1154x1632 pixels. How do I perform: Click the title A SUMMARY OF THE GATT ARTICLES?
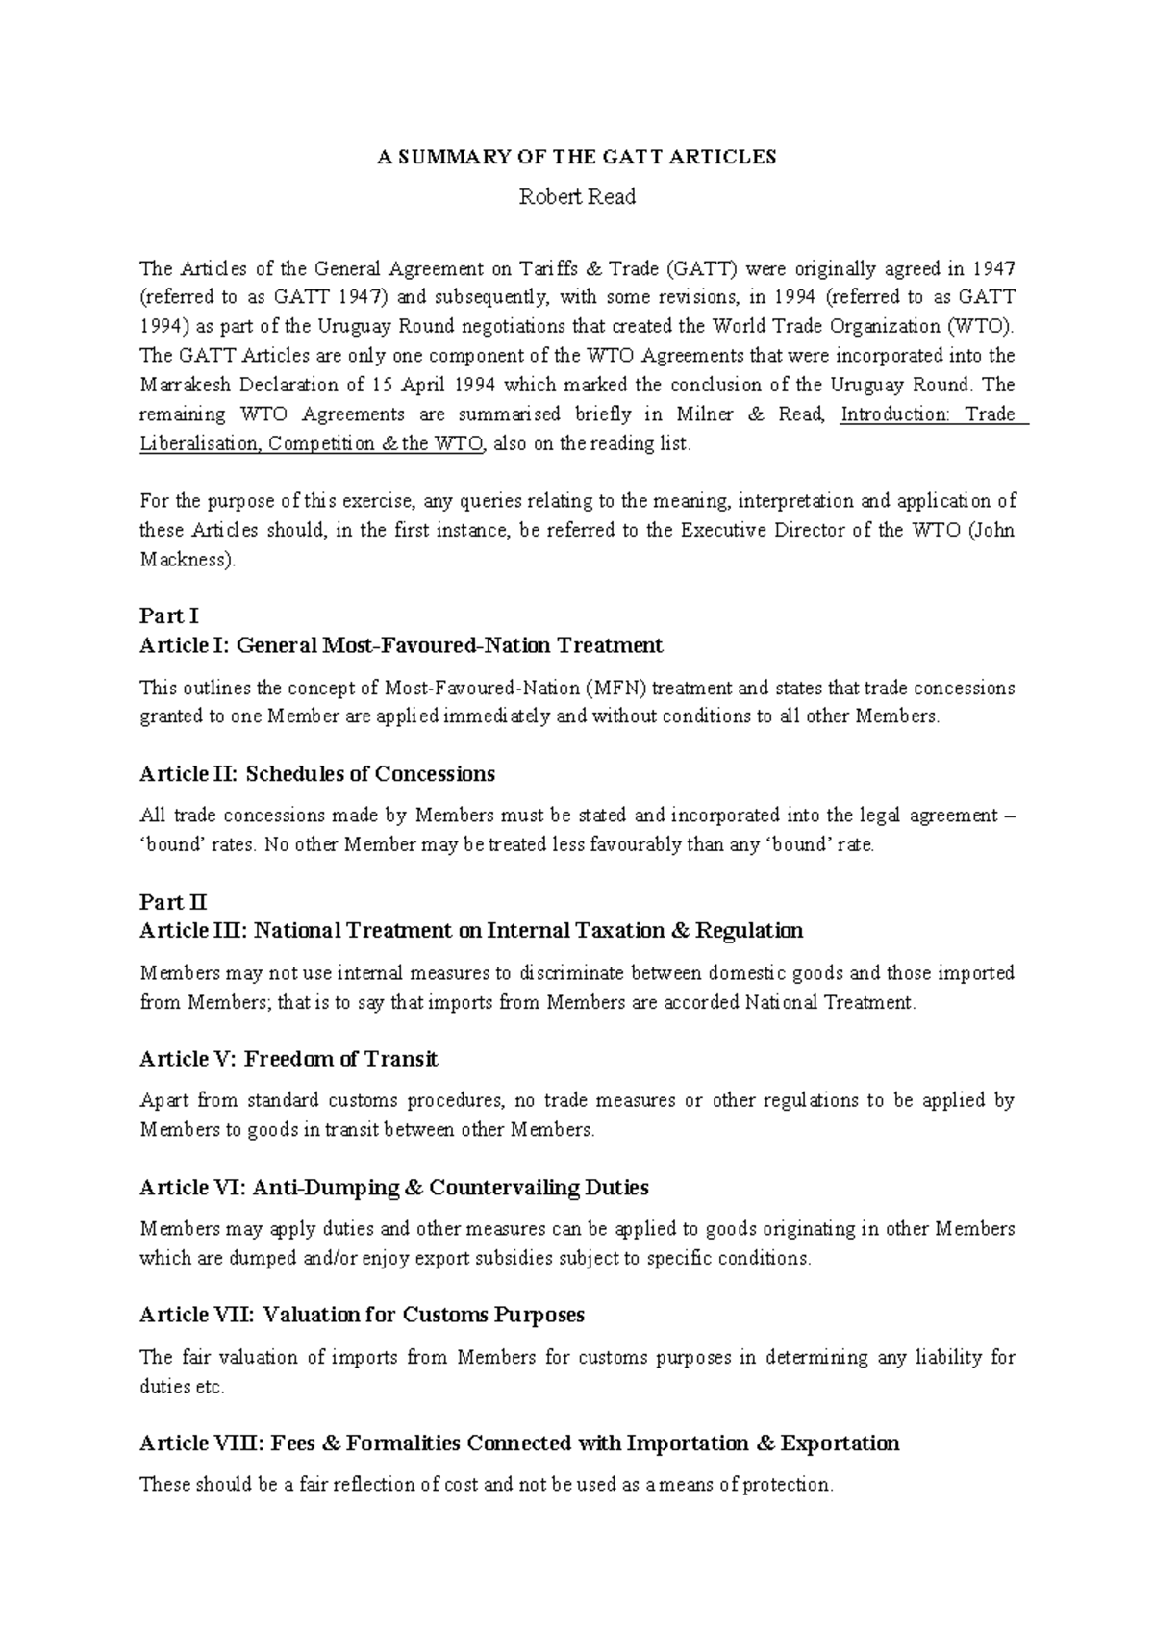click(x=576, y=158)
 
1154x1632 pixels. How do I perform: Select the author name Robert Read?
click(x=577, y=197)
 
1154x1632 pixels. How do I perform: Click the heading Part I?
click(x=168, y=615)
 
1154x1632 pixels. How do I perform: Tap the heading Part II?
click(x=173, y=902)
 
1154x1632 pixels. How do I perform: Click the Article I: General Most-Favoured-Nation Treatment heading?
click(x=401, y=645)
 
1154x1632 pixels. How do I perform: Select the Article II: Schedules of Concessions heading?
click(x=317, y=774)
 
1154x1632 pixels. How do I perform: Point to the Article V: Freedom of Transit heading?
click(x=288, y=1059)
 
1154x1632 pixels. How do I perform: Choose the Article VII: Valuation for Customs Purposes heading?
click(x=362, y=1315)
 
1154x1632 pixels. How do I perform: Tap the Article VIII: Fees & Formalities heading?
click(x=519, y=1444)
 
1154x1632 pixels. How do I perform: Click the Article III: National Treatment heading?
click(x=471, y=931)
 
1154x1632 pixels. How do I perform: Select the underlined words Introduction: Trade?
click(x=928, y=414)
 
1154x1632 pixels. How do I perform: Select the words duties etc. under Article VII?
click(x=184, y=1388)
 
